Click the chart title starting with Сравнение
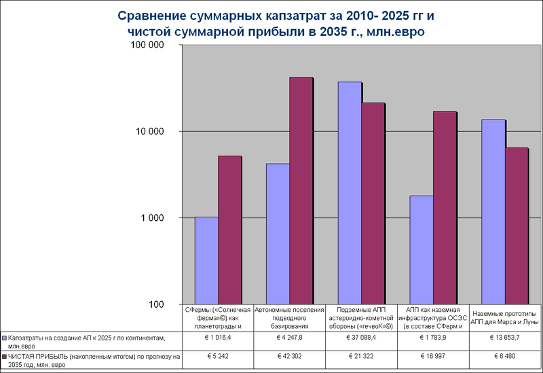click(x=271, y=24)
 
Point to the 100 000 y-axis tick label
click(x=147, y=46)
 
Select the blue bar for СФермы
click(x=206, y=261)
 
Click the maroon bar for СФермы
click(x=229, y=230)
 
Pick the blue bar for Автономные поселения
click(x=277, y=234)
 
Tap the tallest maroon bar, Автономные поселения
click(x=301, y=190)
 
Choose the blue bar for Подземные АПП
click(x=349, y=193)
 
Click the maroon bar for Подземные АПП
click(x=373, y=203)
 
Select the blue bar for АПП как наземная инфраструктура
click(x=421, y=250)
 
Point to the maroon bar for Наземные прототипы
click(x=516, y=226)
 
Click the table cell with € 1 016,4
click(x=218, y=337)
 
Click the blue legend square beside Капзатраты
click(x=5, y=337)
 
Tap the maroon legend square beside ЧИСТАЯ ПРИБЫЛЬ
click(x=5, y=356)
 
